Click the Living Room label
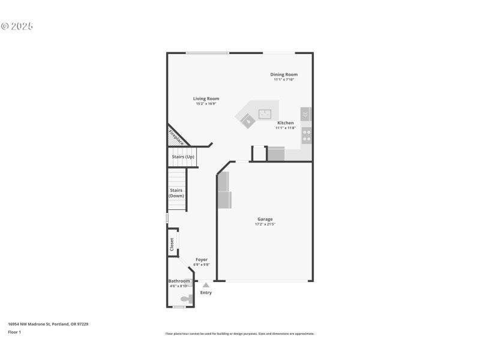pyautogui.click(x=206, y=98)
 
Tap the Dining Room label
pyautogui.click(x=283, y=74)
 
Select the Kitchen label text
pyautogui.click(x=285, y=122)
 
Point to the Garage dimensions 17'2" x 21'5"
pyautogui.click(x=265, y=224)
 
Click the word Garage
pyautogui.click(x=265, y=219)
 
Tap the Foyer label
pyautogui.click(x=202, y=259)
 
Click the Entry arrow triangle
pyautogui.click(x=206, y=285)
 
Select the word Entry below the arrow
pyautogui.click(x=206, y=293)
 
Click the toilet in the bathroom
pyautogui.click(x=187, y=298)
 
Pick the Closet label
pyautogui.click(x=172, y=244)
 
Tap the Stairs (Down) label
pyautogui.click(x=176, y=193)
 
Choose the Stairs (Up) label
pyautogui.click(x=183, y=157)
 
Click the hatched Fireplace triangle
pyautogui.click(x=175, y=137)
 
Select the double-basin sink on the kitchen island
pyautogui.click(x=265, y=113)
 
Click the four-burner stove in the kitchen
pyautogui.click(x=307, y=135)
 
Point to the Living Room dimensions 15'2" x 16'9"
pyautogui.click(x=206, y=104)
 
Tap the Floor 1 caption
pyautogui.click(x=14, y=332)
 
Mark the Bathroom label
pyautogui.click(x=179, y=281)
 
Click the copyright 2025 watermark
pyautogui.click(x=17, y=26)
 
